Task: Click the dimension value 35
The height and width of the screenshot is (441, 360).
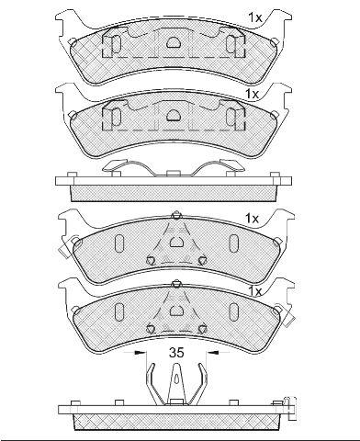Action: click(176, 353)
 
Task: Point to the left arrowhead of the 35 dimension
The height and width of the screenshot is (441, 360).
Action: click(140, 353)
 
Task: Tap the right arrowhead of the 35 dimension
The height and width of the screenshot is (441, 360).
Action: click(213, 353)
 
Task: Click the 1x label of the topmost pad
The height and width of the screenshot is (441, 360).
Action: click(255, 18)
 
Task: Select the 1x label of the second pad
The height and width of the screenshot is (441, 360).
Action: click(252, 94)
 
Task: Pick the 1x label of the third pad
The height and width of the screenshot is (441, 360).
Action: click(252, 219)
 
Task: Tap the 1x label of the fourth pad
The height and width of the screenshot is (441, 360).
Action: click(255, 291)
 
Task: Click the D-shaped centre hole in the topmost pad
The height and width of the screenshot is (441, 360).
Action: click(174, 42)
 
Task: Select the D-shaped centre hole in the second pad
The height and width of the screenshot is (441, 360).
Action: click(174, 115)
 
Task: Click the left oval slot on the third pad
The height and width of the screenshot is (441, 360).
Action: click(118, 243)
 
